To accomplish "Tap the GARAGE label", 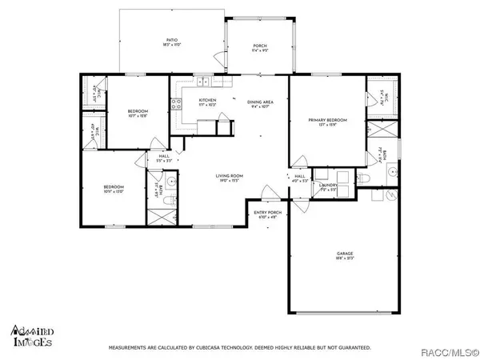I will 344,255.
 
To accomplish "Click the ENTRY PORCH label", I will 265,213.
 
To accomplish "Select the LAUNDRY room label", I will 329,186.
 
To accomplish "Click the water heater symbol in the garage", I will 391,194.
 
